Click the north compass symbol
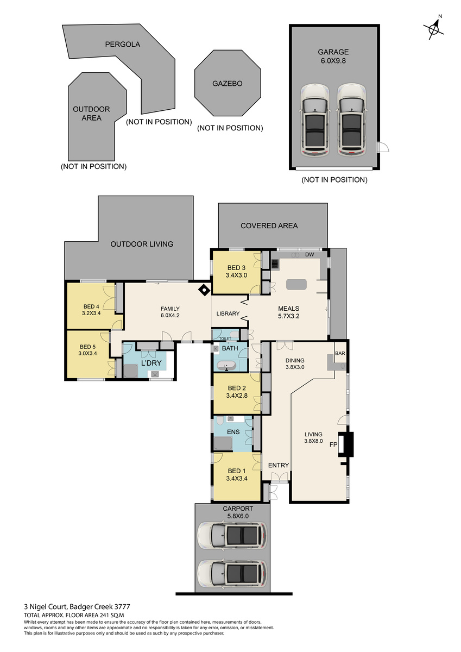(x=434, y=29)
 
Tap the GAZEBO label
(x=227, y=84)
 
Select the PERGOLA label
(x=123, y=44)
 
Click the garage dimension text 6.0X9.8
(x=333, y=61)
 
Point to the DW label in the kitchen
(x=310, y=255)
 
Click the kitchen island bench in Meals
(x=296, y=284)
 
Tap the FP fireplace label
(x=333, y=445)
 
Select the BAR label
(x=340, y=353)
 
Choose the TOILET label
(x=225, y=338)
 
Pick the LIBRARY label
(x=228, y=314)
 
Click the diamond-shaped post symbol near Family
(x=204, y=290)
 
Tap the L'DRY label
(x=151, y=363)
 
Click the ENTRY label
(x=279, y=466)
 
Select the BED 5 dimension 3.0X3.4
(x=87, y=354)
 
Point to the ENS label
(x=233, y=432)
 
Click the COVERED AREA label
(x=269, y=225)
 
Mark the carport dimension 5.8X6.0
(x=238, y=516)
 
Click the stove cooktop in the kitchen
(x=275, y=264)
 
